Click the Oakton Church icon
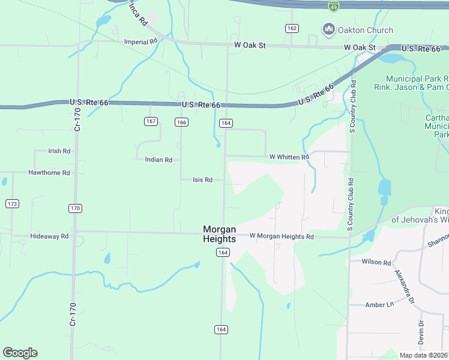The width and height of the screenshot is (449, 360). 328,29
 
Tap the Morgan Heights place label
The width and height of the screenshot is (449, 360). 219,233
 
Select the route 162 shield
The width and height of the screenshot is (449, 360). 292,28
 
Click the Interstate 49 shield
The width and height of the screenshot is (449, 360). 334,5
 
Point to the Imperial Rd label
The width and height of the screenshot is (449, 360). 140,42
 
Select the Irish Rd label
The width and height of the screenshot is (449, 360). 59,151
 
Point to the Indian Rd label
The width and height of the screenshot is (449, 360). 158,160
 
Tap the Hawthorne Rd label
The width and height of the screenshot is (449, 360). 49,173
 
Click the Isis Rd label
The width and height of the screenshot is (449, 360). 202,179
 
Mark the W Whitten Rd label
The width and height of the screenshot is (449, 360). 289,157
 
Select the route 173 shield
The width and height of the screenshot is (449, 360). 12,204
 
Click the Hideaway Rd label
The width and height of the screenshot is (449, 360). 49,236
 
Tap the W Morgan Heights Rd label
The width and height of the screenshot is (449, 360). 282,236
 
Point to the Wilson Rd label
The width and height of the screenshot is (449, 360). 376,262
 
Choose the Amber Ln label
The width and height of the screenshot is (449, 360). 379,305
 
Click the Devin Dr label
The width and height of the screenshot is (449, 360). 421,332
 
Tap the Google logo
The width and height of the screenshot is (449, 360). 20,353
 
